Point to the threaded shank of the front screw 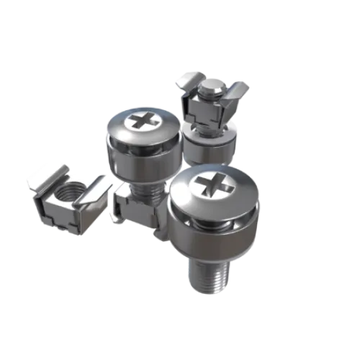pos(207,274)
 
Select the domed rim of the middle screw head pos(115,130)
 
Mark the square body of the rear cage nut pos(205,108)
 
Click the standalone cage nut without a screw pos(68,198)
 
